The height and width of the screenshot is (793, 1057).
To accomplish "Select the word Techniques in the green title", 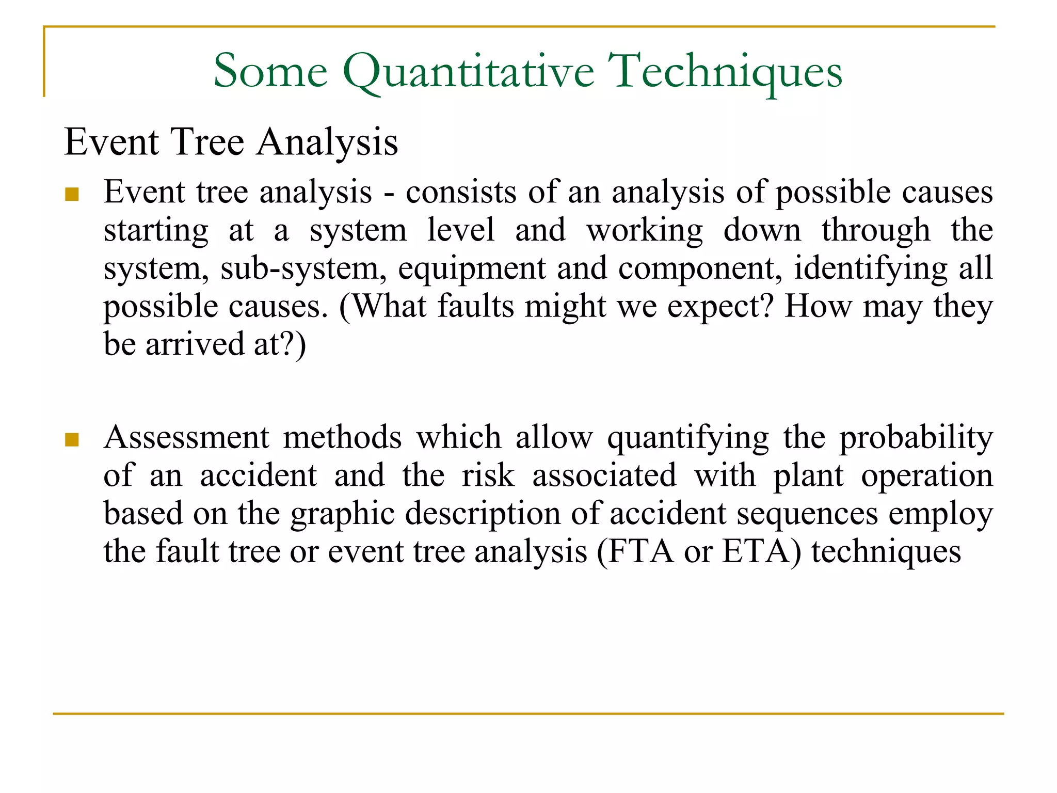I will point(725,72).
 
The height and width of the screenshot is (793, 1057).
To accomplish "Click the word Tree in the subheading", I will point(207,141).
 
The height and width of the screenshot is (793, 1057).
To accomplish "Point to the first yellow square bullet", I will point(72,195).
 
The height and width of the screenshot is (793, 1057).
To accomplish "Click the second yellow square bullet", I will point(72,439).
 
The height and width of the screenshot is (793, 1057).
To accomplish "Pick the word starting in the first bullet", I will point(156,231).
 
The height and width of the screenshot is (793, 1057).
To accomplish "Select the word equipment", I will point(472,269).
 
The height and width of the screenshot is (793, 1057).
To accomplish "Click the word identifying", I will point(870,269).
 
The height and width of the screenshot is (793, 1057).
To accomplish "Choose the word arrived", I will point(194,344).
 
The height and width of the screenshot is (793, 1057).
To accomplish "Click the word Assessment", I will point(186,437).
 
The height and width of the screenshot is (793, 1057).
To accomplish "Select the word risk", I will point(488,475).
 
